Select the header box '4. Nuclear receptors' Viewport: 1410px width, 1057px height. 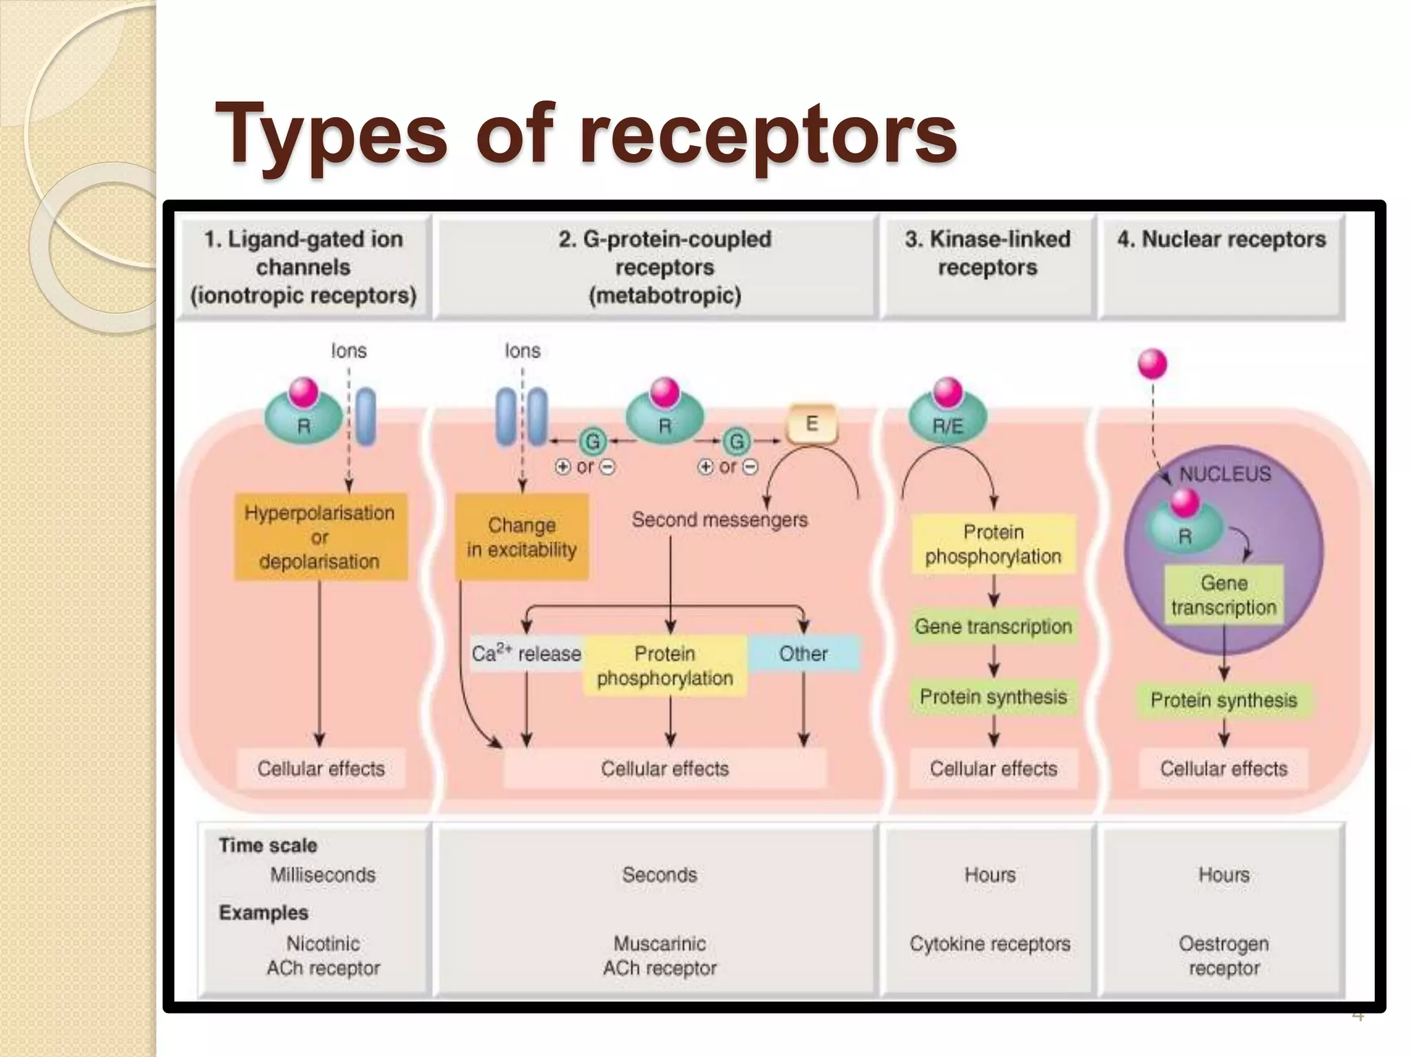click(1221, 265)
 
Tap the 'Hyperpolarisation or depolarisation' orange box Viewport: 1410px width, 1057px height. click(320, 537)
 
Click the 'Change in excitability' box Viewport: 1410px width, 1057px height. click(521, 537)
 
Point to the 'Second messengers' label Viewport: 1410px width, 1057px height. click(719, 520)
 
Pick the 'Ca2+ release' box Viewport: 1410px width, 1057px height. click(526, 653)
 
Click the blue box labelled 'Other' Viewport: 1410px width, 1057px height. click(803, 653)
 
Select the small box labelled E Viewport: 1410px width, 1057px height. click(812, 423)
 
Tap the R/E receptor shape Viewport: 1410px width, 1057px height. click(947, 420)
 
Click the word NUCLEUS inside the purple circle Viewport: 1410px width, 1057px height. click(1225, 473)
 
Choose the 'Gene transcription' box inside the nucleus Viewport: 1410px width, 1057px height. click(1223, 595)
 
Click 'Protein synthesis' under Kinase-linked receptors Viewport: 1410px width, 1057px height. click(993, 697)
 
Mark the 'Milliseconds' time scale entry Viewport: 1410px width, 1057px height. click(323, 875)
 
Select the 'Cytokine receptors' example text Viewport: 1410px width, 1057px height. click(989, 943)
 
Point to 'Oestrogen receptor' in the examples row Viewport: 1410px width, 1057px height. click(1223, 955)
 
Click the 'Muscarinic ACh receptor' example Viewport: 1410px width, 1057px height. click(660, 955)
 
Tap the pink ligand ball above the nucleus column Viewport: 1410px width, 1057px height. click(1153, 363)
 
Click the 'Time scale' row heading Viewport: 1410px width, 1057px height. click(268, 845)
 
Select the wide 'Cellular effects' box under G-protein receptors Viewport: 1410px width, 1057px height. click(664, 769)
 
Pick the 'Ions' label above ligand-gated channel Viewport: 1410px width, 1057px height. click(348, 351)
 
